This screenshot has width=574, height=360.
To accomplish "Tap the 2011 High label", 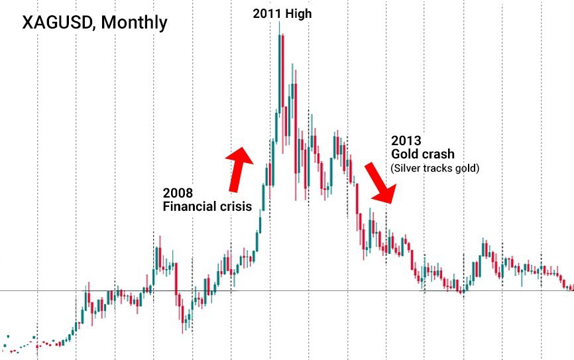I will pyautogui.click(x=282, y=13).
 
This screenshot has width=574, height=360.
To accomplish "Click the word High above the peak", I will pyautogui.click(x=298, y=13).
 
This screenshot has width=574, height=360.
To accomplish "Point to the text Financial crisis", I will pyautogui.click(x=207, y=207).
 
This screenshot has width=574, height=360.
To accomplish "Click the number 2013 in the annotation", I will pyautogui.click(x=406, y=141).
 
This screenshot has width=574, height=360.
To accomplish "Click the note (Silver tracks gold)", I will pyautogui.click(x=435, y=168).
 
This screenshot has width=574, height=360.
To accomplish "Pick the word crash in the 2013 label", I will pyautogui.click(x=438, y=154).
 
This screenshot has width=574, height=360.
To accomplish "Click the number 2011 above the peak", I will pyautogui.click(x=266, y=13).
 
